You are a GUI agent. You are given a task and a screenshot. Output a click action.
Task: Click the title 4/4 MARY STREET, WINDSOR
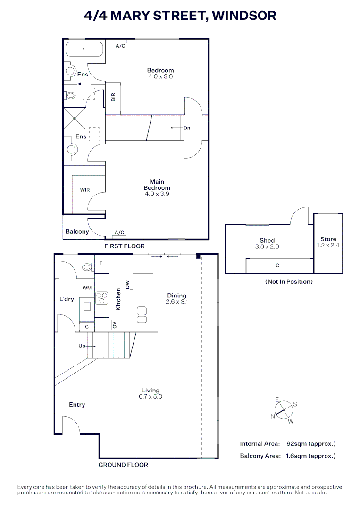point(180,16)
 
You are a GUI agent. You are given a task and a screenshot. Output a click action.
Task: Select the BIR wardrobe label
point(113,97)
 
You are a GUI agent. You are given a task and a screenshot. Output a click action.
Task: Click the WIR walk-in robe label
point(85,190)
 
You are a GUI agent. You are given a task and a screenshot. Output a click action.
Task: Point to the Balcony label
point(77,231)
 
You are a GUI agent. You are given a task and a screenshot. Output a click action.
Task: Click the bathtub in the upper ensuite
point(84,49)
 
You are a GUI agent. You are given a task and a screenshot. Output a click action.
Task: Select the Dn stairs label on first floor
point(187,128)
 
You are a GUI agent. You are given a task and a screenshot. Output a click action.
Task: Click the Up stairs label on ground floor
point(82,346)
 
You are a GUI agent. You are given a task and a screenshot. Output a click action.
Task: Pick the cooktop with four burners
point(102,298)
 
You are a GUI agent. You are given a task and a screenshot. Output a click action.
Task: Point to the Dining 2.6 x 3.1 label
point(177,298)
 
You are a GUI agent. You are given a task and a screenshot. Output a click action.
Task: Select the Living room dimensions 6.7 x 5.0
point(151,397)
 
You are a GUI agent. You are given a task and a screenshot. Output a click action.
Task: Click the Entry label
point(77,405)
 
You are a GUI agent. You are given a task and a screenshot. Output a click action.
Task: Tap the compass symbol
point(284,410)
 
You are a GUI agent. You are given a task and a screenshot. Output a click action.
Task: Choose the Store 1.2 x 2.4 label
point(328,242)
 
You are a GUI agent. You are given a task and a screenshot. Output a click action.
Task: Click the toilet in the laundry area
point(87,267)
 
